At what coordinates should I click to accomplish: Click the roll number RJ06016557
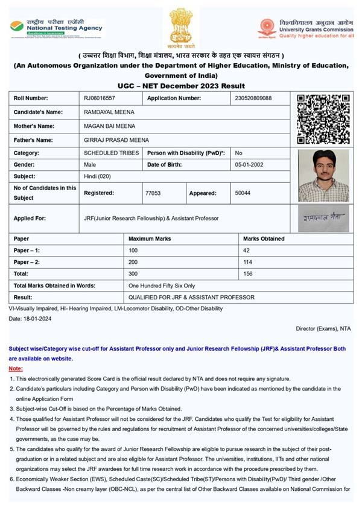coord(100,98)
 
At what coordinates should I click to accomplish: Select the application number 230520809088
coord(253,98)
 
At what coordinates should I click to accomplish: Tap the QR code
coord(323,118)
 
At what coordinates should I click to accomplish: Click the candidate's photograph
coord(323,175)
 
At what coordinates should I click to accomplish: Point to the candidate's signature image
coord(323,218)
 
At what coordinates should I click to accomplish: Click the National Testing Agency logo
coord(56,28)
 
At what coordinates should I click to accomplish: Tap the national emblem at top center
coord(180,27)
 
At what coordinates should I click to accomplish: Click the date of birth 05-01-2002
coord(248,164)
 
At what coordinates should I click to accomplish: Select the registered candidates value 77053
coord(153,193)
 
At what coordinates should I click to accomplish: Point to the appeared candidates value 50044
coord(243,193)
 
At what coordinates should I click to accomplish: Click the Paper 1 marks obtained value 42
coord(246,250)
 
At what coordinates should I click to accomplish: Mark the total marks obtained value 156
coord(247,274)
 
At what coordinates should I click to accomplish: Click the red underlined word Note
coord(16,368)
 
